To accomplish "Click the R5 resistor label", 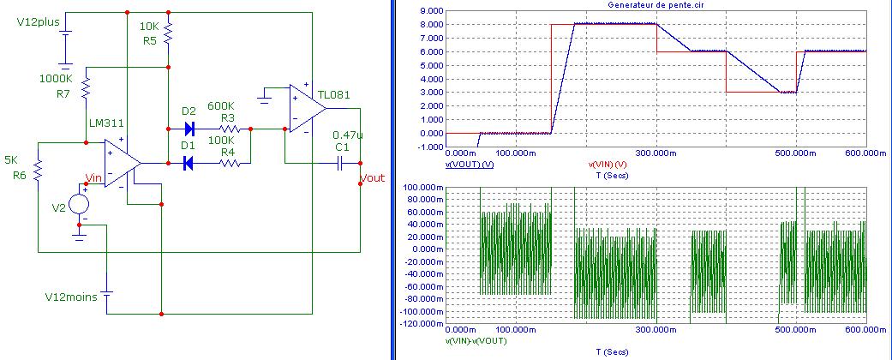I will (150, 40).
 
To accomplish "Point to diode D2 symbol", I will (189, 129).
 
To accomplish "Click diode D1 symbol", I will (189, 163).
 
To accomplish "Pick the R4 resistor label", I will (227, 152).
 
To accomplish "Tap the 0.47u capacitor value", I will (348, 135).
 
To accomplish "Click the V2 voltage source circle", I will (79, 204).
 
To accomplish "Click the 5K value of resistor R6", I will (11, 160).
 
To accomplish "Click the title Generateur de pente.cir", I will (656, 4).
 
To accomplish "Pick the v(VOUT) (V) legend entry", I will (470, 163).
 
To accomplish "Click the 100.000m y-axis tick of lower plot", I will (424, 188).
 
